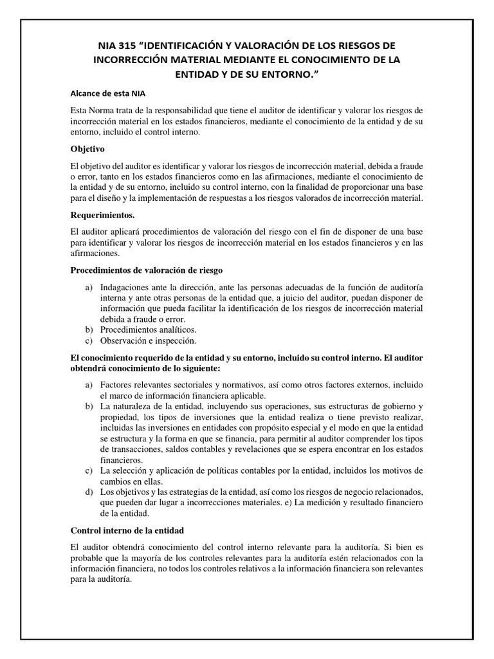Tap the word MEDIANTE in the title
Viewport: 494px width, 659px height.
coord(248,60)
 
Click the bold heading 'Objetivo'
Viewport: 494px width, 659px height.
coord(87,148)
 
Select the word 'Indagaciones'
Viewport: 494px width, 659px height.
coord(126,286)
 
